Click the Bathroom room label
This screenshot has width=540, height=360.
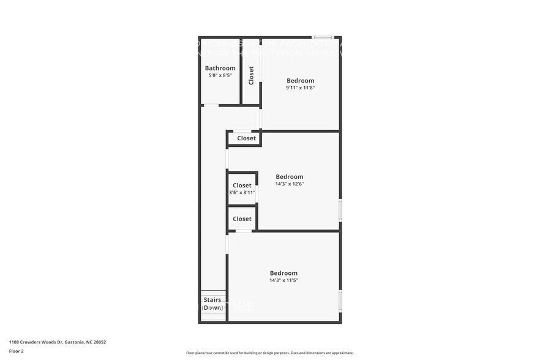[x=220, y=68]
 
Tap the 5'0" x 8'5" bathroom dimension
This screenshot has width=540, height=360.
[x=220, y=75]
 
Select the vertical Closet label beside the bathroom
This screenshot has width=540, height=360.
[x=251, y=75]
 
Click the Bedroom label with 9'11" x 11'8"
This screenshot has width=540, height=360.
[x=300, y=81]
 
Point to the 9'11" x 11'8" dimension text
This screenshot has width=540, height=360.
[x=300, y=88]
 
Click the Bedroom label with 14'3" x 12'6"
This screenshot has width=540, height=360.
[x=289, y=177]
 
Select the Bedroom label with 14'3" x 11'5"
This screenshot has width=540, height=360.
[x=283, y=273]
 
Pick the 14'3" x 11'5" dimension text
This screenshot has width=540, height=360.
[x=283, y=280]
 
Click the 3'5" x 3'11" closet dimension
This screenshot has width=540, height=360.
[x=242, y=192]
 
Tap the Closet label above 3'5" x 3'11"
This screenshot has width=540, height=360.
[x=242, y=186]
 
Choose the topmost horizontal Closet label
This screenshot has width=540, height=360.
[x=246, y=138]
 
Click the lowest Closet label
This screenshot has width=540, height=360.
[x=242, y=219]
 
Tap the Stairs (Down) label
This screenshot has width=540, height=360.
[x=212, y=304]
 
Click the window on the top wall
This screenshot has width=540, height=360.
[x=322, y=37]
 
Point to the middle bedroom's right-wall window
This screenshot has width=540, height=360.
[x=340, y=210]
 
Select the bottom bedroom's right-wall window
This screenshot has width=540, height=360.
[x=340, y=301]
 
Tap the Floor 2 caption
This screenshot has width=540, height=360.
[x=17, y=351]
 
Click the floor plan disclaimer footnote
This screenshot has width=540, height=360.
[x=269, y=353]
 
